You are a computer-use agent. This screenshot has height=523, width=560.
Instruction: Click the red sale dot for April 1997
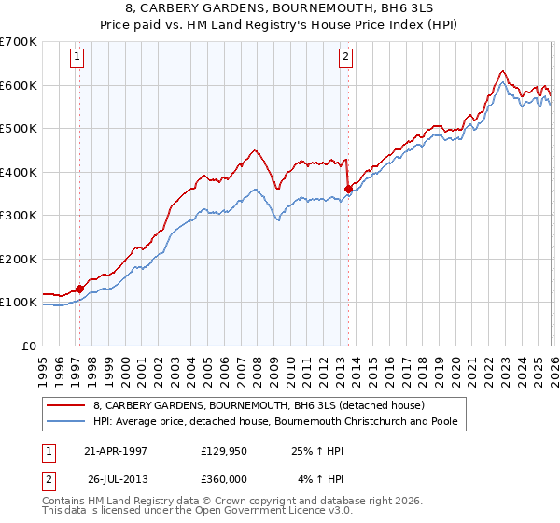tap(80, 289)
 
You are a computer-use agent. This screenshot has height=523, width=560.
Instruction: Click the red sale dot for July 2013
tap(348, 189)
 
